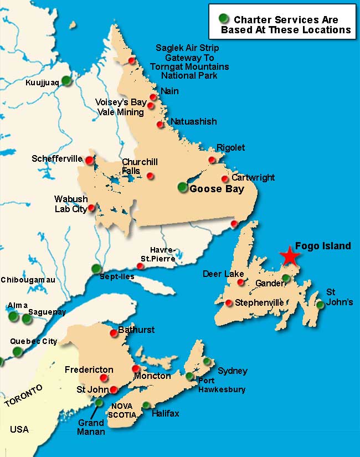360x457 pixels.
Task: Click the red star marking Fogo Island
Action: coord(289,255)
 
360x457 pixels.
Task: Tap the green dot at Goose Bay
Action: coord(183,187)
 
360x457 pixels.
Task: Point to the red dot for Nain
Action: coord(153,97)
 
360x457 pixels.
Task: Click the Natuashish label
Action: coord(194,121)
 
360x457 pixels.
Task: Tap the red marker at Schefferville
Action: coord(89,160)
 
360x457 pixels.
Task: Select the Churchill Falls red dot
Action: coord(150,176)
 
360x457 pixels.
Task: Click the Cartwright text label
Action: coord(253,178)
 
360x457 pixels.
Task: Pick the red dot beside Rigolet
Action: coord(212,160)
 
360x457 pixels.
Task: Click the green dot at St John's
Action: coord(320,304)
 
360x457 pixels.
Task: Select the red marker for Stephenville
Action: coord(229,302)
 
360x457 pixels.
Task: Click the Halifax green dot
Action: coord(146,405)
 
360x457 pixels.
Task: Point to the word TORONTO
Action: coord(23,397)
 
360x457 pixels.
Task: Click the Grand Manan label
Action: coord(91,427)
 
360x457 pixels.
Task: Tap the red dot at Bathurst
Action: coord(114,332)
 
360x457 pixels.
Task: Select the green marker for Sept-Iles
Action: coord(96,269)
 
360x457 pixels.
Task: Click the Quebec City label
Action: coord(35,341)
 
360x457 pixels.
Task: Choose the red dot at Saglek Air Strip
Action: coord(131,60)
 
